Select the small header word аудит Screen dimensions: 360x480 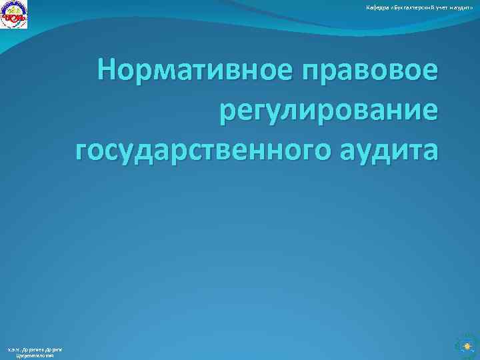463,7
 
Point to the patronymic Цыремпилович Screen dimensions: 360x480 34,356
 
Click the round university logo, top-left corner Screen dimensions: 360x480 14,15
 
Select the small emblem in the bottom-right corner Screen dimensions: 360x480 465,346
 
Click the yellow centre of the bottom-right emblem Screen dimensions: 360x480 465,346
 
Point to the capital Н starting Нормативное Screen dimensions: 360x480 107,69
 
